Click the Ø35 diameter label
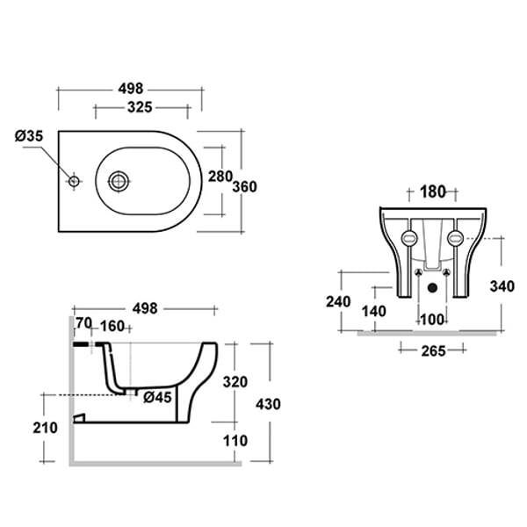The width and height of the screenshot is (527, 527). [29, 136]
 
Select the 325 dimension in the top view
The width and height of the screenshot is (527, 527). [140, 107]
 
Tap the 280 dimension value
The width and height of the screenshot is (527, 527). [220, 177]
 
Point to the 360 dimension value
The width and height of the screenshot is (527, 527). [245, 187]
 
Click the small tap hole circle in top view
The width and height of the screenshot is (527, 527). [74, 182]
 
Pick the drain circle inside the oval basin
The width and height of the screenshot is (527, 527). [119, 182]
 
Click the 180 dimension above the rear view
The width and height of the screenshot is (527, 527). [432, 191]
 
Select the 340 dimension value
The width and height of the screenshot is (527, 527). [502, 286]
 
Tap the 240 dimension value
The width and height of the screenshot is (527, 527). [338, 301]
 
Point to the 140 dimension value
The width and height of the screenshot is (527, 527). [374, 311]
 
